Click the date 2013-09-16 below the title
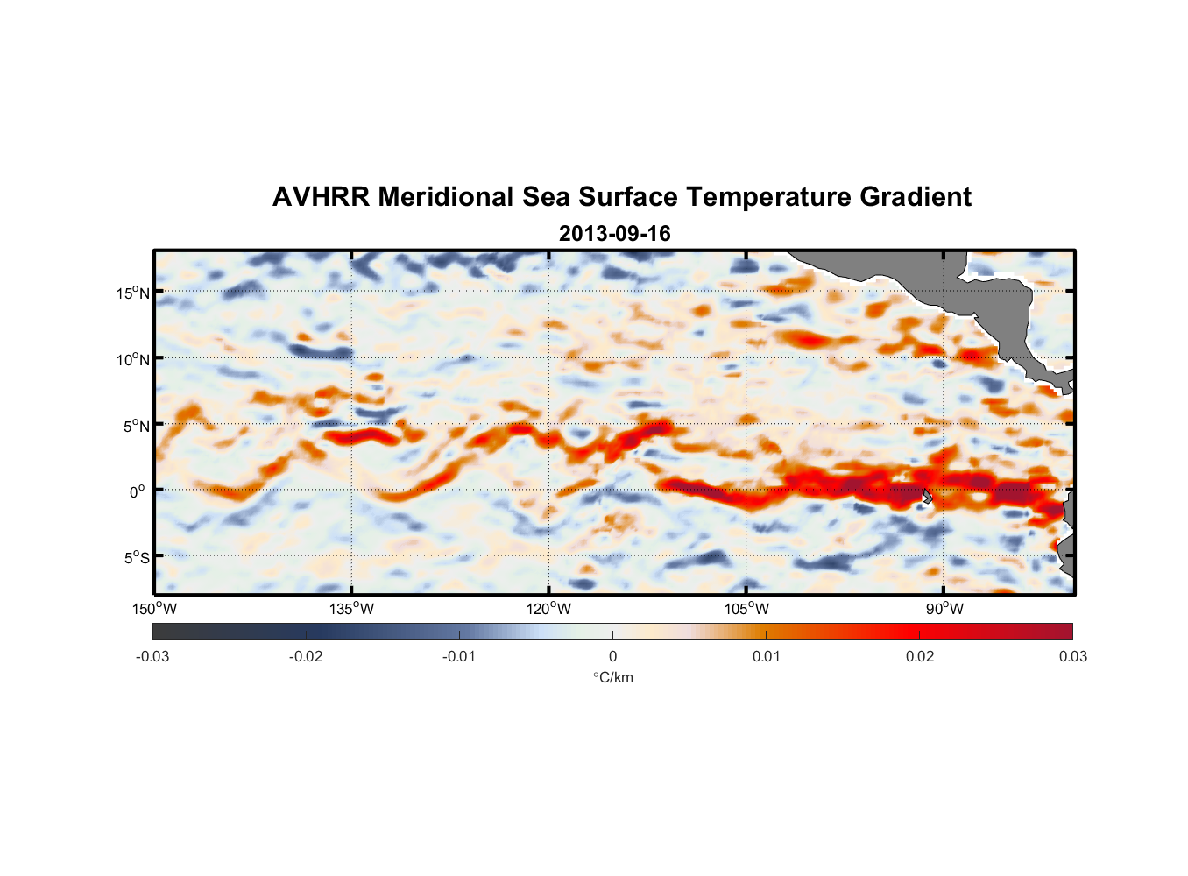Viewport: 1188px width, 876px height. (614, 234)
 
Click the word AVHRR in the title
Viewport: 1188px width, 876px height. (321, 197)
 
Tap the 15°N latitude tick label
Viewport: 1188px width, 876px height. (132, 293)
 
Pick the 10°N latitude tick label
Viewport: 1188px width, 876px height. (132, 359)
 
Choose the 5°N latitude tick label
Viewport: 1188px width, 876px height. (135, 426)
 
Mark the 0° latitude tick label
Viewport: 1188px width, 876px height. (138, 492)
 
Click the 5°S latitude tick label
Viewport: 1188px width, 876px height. (135, 558)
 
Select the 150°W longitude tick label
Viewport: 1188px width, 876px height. (155, 609)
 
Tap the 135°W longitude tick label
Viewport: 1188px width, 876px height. (352, 609)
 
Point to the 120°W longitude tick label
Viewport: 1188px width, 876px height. (549, 609)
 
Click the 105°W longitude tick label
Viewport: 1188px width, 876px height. (746, 609)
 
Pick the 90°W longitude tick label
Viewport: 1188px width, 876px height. (944, 609)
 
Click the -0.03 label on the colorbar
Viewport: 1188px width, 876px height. (152, 656)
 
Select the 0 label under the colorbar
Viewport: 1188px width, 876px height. (612, 656)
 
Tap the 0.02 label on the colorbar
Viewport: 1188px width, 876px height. (920, 656)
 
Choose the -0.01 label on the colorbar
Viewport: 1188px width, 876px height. (459, 656)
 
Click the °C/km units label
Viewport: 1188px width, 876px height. (613, 677)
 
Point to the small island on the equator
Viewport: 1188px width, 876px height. (928, 496)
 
